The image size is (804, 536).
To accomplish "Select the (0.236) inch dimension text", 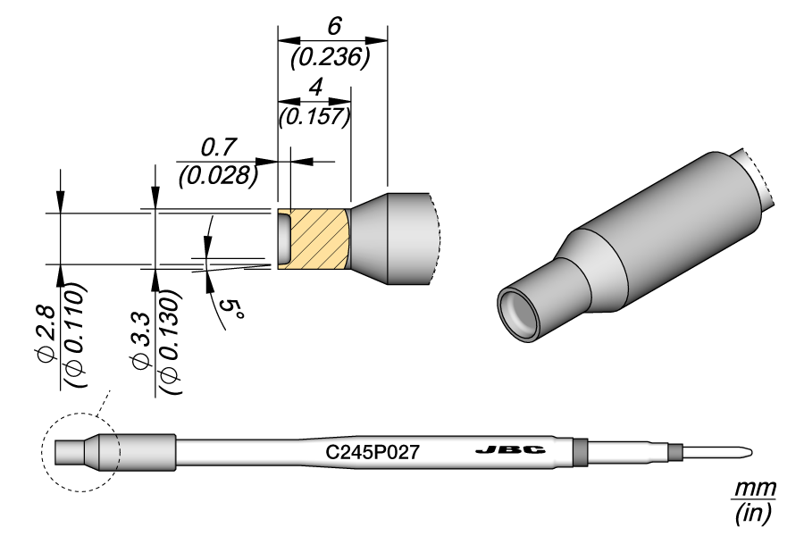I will coord(331,57).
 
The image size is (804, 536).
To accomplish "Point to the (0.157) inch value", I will coord(314,116).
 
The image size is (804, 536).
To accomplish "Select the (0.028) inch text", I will coord(218,174).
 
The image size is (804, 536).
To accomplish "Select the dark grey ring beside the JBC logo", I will coord(579,453).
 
